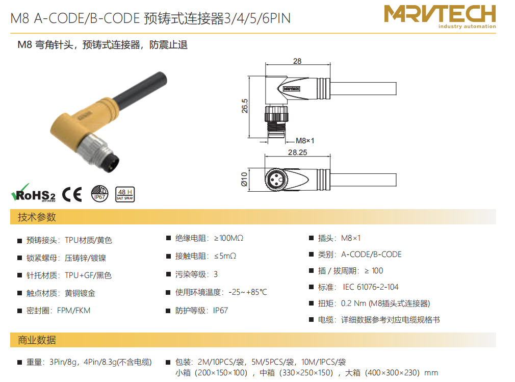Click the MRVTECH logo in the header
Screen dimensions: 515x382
click(x=440, y=16)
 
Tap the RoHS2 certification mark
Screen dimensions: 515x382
click(x=33, y=193)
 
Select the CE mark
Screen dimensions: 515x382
click(x=72, y=194)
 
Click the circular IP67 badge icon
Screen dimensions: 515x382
click(x=99, y=193)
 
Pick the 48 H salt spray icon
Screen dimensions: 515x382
click(x=125, y=194)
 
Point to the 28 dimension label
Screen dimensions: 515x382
click(x=297, y=61)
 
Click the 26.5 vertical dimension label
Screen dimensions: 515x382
click(x=245, y=106)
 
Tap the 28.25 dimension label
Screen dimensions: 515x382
click(x=298, y=152)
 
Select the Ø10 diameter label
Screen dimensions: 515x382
click(x=244, y=180)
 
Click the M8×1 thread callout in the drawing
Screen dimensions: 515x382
click(x=305, y=141)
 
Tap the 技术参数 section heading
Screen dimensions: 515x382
click(x=37, y=217)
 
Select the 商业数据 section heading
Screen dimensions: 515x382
click(x=37, y=340)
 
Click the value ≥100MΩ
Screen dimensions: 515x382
click(x=228, y=238)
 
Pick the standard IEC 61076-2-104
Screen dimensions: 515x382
click(x=371, y=287)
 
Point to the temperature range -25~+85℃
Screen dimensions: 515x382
click(x=248, y=292)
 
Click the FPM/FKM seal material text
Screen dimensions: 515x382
click(x=73, y=311)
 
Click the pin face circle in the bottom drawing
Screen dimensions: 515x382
click(x=276, y=180)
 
